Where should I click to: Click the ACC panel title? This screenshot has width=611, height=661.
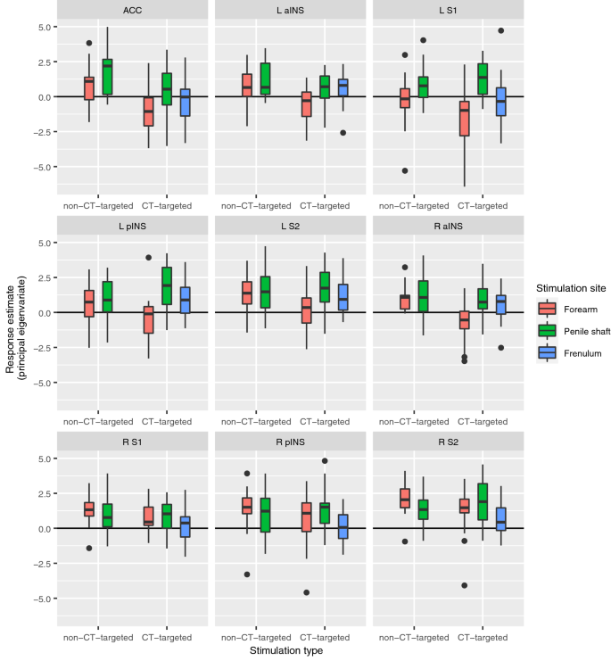point(134,10)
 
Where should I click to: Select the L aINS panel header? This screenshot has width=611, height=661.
point(291,10)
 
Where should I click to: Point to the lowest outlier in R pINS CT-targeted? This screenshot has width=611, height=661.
point(307,592)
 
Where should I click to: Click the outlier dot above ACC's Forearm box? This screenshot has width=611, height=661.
point(89,43)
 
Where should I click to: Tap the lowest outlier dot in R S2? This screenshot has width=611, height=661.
point(464,585)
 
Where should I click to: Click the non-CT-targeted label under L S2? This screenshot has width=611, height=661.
point(252,421)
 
